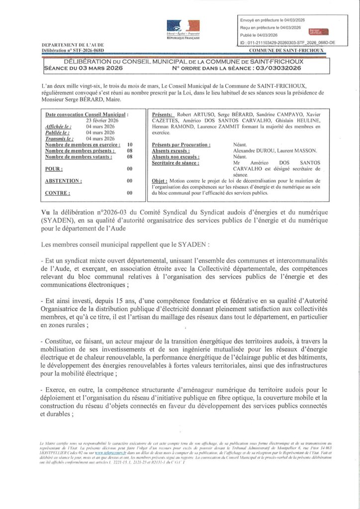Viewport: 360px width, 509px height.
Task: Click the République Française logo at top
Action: [x=183, y=29]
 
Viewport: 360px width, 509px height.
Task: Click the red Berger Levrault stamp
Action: [x=316, y=30]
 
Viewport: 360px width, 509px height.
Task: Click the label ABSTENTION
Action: [x=64, y=181]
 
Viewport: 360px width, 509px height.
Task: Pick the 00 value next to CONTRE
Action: [x=129, y=193]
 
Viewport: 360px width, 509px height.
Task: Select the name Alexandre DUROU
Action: [x=257, y=151]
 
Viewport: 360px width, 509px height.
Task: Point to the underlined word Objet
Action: [x=159, y=181]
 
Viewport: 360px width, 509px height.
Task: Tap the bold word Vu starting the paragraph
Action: [x=47, y=213]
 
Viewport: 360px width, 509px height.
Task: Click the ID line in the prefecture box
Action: [x=287, y=43]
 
